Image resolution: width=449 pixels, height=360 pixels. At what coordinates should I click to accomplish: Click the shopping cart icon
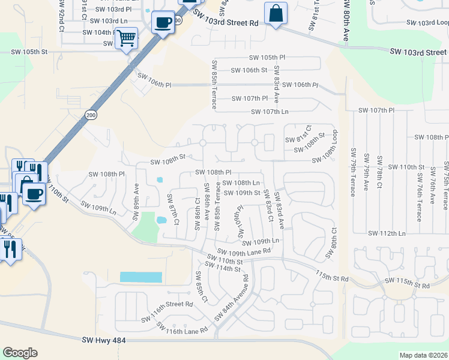126,39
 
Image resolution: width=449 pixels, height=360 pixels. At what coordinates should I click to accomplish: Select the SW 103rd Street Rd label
229,22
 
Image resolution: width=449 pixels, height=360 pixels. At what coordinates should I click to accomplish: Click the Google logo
20,353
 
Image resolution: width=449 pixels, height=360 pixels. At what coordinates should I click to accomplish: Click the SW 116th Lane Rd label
182,328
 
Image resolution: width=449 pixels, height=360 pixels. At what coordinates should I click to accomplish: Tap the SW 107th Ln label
270,112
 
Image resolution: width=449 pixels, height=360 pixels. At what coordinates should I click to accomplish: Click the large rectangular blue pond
141,277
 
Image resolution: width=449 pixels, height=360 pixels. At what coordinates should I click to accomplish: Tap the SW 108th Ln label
241,182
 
